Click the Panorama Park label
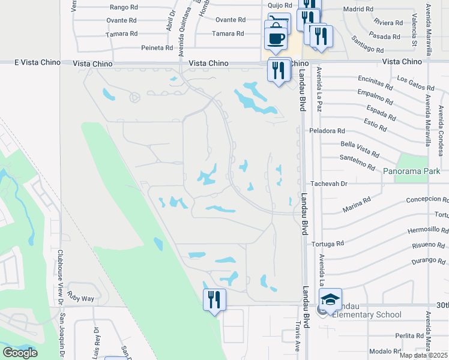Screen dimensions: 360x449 point(410,171)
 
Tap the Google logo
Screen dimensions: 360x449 point(20,353)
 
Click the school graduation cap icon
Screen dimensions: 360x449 point(330,299)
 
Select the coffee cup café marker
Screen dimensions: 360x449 point(276,38)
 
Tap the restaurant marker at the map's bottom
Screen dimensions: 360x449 point(214,299)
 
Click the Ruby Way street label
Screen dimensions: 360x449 point(81,298)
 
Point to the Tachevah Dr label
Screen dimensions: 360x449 point(330,183)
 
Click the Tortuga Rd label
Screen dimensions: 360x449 point(328,244)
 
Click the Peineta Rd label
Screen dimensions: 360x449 point(157,47)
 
